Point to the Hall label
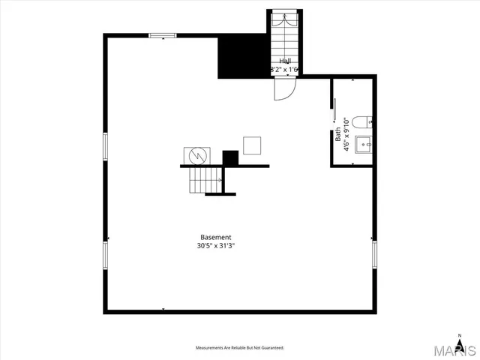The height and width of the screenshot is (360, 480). pos(285,61)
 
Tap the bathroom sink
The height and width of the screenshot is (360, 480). pos(363,143)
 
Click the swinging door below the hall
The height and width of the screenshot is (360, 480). pos(285,89)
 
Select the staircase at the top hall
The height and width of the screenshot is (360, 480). pos(284,34)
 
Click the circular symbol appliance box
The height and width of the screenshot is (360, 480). pos(198,154)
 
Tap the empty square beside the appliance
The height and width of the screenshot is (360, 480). pos(252,145)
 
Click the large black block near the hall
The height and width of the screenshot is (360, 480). pos(243,56)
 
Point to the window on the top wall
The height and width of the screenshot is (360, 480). pos(162,35)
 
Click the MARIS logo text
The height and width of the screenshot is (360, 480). pos(457,349)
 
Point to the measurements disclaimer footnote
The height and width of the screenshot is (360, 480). pos(240,348)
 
